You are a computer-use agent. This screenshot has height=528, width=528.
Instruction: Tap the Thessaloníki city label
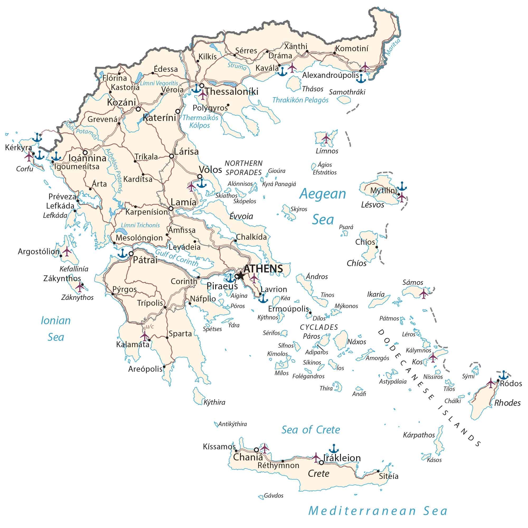pyautogui.click(x=232, y=92)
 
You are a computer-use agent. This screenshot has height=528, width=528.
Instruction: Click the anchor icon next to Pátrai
pyautogui.click(x=123, y=253)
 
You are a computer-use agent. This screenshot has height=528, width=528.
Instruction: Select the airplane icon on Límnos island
pyautogui.click(x=326, y=138)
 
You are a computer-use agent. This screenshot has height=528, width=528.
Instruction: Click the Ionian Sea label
pyautogui.click(x=56, y=329)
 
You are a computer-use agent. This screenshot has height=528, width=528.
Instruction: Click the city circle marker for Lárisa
pyautogui.click(x=171, y=156)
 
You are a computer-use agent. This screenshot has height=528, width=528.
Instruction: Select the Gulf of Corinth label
pyautogui.click(x=177, y=257)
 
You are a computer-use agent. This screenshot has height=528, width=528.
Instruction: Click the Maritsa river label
pyautogui.click(x=393, y=46)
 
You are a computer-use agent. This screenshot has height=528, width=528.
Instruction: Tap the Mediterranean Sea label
pyautogui.click(x=378, y=511)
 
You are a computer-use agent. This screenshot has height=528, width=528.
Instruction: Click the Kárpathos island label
pyautogui.click(x=419, y=435)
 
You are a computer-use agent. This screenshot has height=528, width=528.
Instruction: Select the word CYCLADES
pyautogui.click(x=319, y=327)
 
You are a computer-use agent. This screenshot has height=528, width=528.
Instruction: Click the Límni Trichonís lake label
pyautogui.click(x=140, y=225)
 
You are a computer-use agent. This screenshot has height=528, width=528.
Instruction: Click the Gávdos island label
pyautogui.click(x=274, y=496)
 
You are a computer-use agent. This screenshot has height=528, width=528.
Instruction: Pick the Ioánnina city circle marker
pyautogui.click(x=85, y=152)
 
